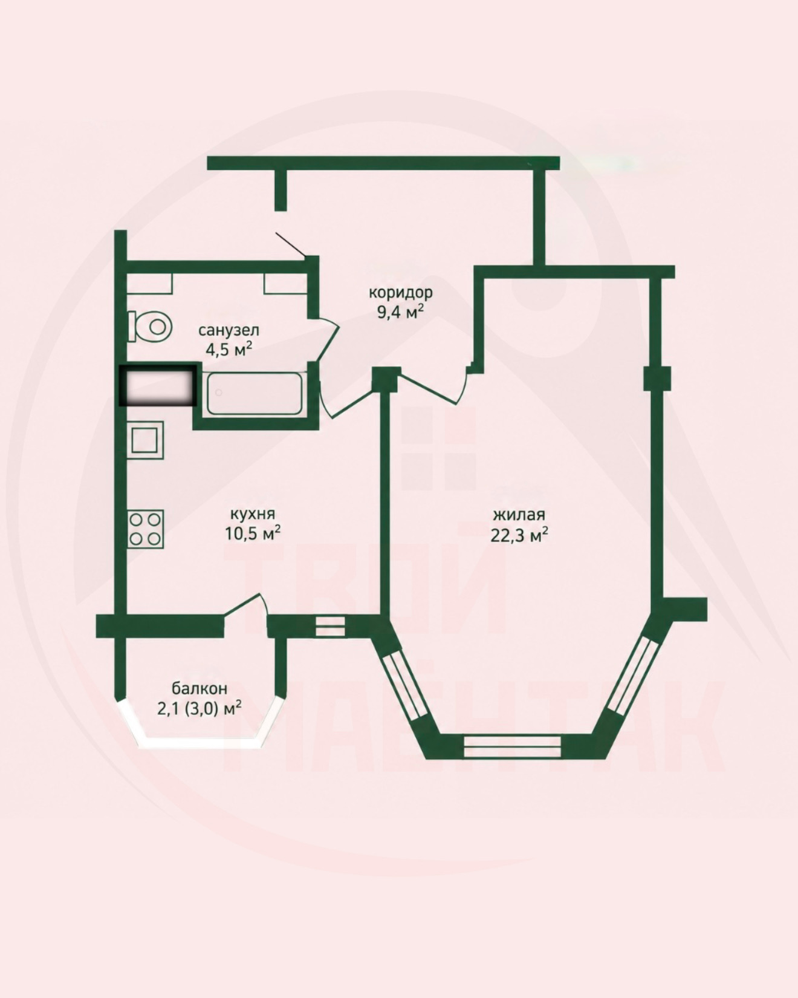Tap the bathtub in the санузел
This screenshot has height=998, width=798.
(254, 394)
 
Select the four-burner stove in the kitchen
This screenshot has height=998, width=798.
(146, 529)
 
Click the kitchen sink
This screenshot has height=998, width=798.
(145, 439)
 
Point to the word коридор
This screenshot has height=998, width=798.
(401, 293)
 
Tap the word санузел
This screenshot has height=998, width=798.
(229, 330)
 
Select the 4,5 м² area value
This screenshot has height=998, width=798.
(229, 350)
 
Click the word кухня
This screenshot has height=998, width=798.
(253, 514)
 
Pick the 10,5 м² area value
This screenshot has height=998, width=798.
(253, 533)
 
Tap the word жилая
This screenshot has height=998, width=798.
(519, 515)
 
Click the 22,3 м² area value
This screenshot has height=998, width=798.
(519, 535)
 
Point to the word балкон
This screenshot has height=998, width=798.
(199, 688)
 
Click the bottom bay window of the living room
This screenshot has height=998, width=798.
(513, 746)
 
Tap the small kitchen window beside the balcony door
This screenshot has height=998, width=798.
(330, 626)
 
